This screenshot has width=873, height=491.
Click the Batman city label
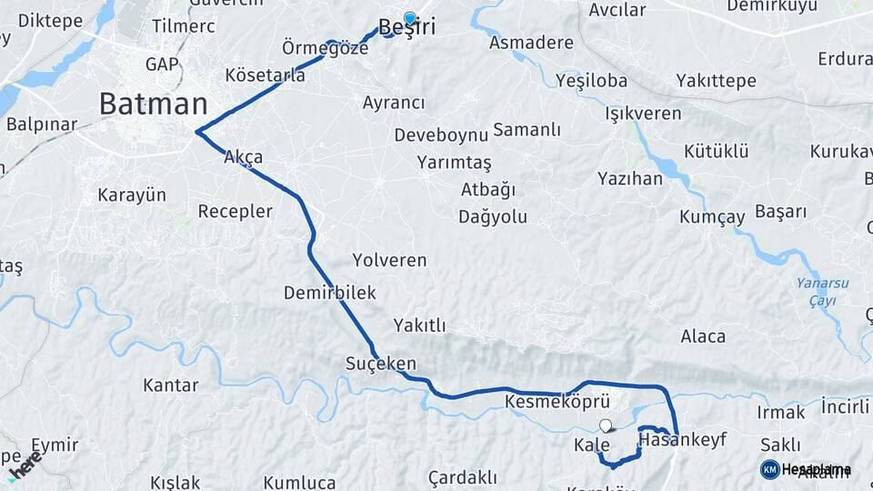click(x=153, y=103)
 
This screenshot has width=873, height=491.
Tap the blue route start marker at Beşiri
click(x=410, y=18)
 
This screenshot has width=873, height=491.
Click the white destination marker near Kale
click(x=606, y=425)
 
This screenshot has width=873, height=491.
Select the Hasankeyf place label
click(x=683, y=440)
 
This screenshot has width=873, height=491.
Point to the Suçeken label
click(x=380, y=364)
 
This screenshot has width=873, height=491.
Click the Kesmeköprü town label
click(x=556, y=401)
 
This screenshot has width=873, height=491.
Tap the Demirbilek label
click(x=329, y=293)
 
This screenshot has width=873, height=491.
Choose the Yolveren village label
click(x=389, y=260)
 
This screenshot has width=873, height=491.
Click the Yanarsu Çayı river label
click(x=822, y=291)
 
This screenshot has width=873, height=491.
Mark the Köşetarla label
click(x=266, y=75)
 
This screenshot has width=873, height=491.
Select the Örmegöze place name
click(x=325, y=48)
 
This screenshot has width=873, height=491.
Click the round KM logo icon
click(x=769, y=469)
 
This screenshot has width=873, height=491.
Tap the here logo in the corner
click(x=25, y=465)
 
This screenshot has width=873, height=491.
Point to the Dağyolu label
click(x=493, y=217)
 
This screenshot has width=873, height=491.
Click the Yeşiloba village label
click(x=591, y=81)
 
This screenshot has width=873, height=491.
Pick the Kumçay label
click(x=712, y=217)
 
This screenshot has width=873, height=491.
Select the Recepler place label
click(x=236, y=211)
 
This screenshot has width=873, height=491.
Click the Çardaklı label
click(x=462, y=477)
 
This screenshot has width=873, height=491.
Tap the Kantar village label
click(x=171, y=386)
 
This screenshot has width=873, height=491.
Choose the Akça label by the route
click(x=244, y=157)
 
